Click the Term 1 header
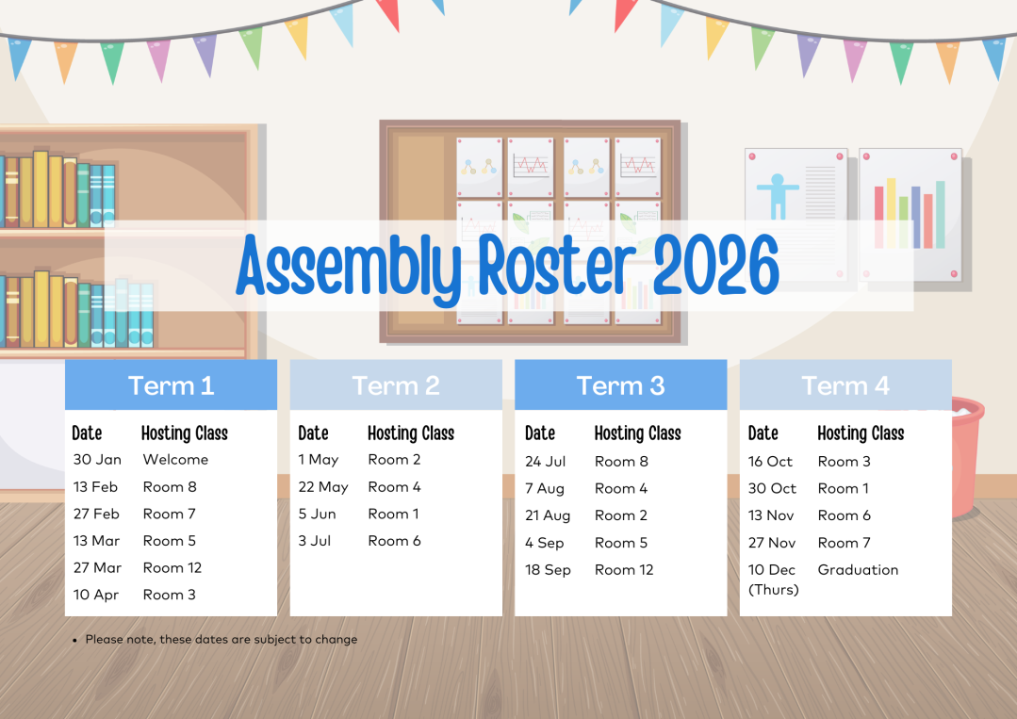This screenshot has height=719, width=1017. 171,385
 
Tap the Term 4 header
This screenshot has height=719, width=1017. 845,385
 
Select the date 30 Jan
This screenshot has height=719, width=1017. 97,460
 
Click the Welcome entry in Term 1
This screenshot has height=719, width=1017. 175,460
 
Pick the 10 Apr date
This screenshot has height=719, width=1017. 96,596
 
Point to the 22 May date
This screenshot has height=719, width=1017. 323,487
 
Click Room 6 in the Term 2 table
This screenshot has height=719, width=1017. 394,541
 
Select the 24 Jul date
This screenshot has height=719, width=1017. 546,462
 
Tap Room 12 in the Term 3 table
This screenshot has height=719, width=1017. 624,570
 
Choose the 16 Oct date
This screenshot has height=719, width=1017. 771,462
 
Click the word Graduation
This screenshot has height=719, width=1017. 858,570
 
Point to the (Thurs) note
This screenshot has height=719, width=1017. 774,590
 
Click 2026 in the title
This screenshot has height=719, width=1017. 716,265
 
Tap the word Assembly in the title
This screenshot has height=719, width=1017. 350,267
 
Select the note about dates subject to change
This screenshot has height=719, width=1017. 221,639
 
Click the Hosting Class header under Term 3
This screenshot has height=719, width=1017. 637,433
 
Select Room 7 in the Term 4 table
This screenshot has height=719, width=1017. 844,543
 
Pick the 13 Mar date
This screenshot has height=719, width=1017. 97,541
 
